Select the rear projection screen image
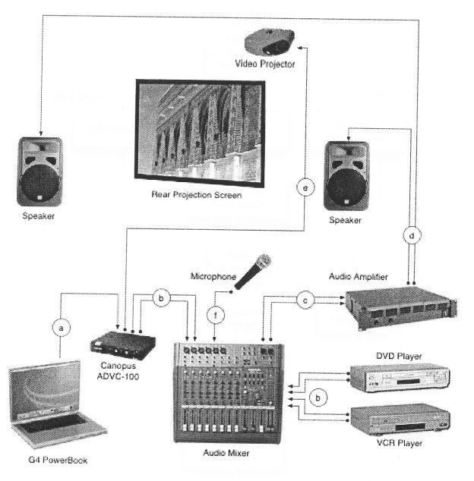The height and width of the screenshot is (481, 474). pyautogui.click(x=196, y=129)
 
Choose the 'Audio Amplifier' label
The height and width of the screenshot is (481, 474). pyautogui.click(x=359, y=278)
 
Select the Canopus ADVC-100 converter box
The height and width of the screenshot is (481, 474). pyautogui.click(x=122, y=345)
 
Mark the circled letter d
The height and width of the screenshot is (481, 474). pyautogui.click(x=412, y=236)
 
